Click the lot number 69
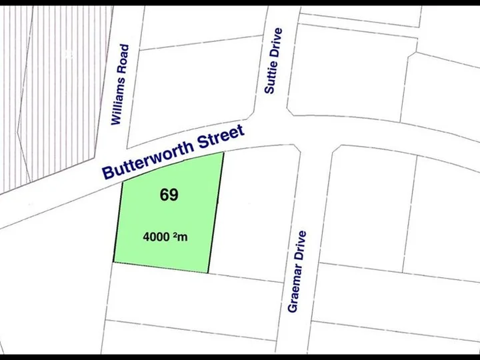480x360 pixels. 169,195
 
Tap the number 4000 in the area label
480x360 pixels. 157,236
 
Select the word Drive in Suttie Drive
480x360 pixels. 277,41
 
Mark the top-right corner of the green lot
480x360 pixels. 223,152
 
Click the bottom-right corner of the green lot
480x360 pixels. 209,273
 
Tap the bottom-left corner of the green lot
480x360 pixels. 113,262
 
